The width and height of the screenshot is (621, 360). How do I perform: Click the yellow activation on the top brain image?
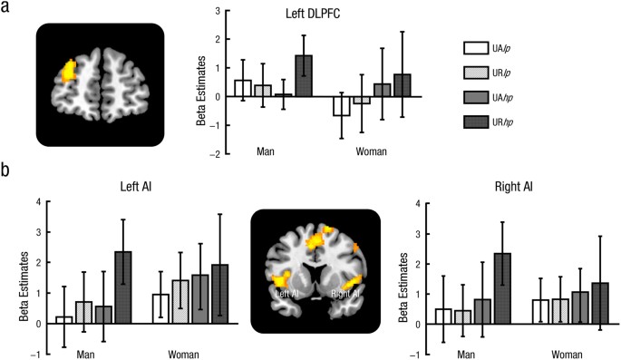pos(68,72)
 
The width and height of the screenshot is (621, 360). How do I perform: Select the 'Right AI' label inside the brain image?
pos(345,293)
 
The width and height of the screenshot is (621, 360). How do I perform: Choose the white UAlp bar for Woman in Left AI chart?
pos(160,308)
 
